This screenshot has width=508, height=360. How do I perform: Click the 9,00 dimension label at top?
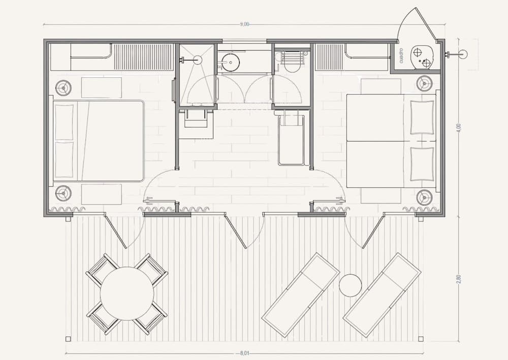[244, 24]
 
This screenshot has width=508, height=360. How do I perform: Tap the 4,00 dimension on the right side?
[458, 127]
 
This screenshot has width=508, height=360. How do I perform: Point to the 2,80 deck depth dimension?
[458, 279]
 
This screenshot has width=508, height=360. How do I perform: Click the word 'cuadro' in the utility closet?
[401, 56]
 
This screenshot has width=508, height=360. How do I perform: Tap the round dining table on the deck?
[127, 293]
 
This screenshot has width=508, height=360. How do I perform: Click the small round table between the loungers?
[350, 285]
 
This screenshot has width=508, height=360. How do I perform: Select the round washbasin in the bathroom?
[230, 62]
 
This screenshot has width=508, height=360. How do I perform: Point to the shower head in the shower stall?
[197, 59]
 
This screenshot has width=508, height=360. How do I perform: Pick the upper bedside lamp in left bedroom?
[63, 87]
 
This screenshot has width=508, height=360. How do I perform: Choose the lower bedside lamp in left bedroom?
[63, 193]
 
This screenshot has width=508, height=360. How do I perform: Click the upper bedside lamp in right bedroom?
[424, 83]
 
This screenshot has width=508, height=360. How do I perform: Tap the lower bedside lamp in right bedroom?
[424, 197]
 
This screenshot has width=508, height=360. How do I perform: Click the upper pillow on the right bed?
[422, 117]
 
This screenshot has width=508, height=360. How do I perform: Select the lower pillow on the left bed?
[64, 159]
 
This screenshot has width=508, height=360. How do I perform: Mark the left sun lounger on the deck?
[301, 295]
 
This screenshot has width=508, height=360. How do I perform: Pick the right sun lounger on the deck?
[382, 295]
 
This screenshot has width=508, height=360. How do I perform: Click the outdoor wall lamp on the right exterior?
[463, 54]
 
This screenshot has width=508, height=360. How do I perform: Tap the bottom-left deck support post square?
[68, 339]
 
